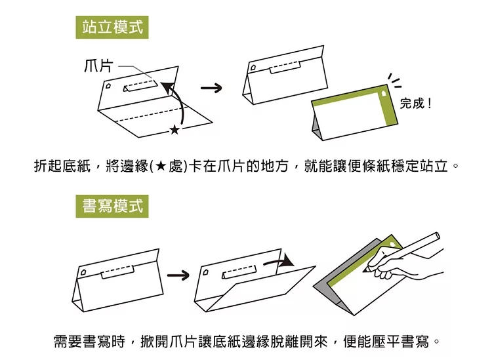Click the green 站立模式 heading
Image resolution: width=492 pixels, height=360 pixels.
click(112, 28)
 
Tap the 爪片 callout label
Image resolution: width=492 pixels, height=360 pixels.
click(98, 66)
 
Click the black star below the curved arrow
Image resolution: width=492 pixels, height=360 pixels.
click(174, 130)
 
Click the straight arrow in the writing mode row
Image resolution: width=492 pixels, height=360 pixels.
click(178, 273)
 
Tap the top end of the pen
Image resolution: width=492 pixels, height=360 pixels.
click(435, 235)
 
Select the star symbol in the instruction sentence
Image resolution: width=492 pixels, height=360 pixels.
click(161, 166)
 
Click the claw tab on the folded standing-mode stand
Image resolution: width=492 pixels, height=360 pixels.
click(287, 64)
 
